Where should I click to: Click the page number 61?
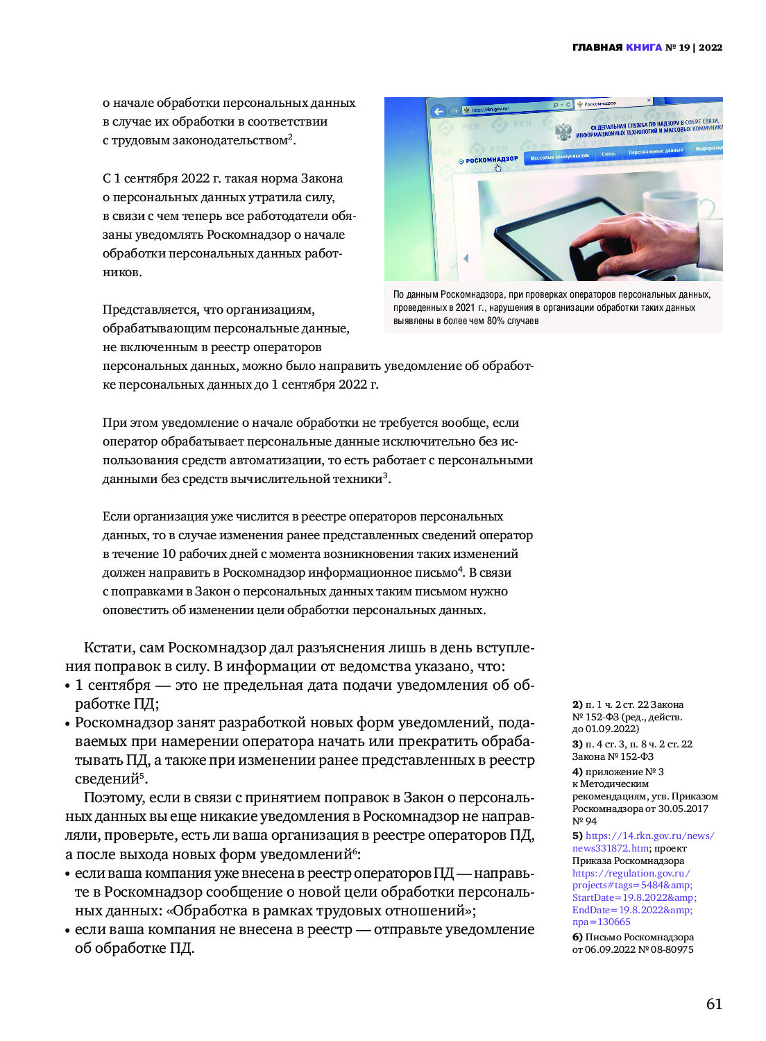(x=714, y=1004)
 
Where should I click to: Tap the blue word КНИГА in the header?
(x=644, y=47)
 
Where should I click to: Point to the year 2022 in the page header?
(x=710, y=47)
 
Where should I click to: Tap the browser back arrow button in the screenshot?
(x=438, y=111)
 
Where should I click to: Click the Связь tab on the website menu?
(x=608, y=153)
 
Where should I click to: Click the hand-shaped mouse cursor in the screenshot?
(x=497, y=167)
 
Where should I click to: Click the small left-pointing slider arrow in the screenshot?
(x=466, y=258)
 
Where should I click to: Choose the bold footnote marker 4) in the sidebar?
(x=577, y=772)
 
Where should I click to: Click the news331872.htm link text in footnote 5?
(x=611, y=848)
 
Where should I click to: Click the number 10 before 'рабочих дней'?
(x=169, y=554)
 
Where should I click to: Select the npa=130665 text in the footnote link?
(x=601, y=922)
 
